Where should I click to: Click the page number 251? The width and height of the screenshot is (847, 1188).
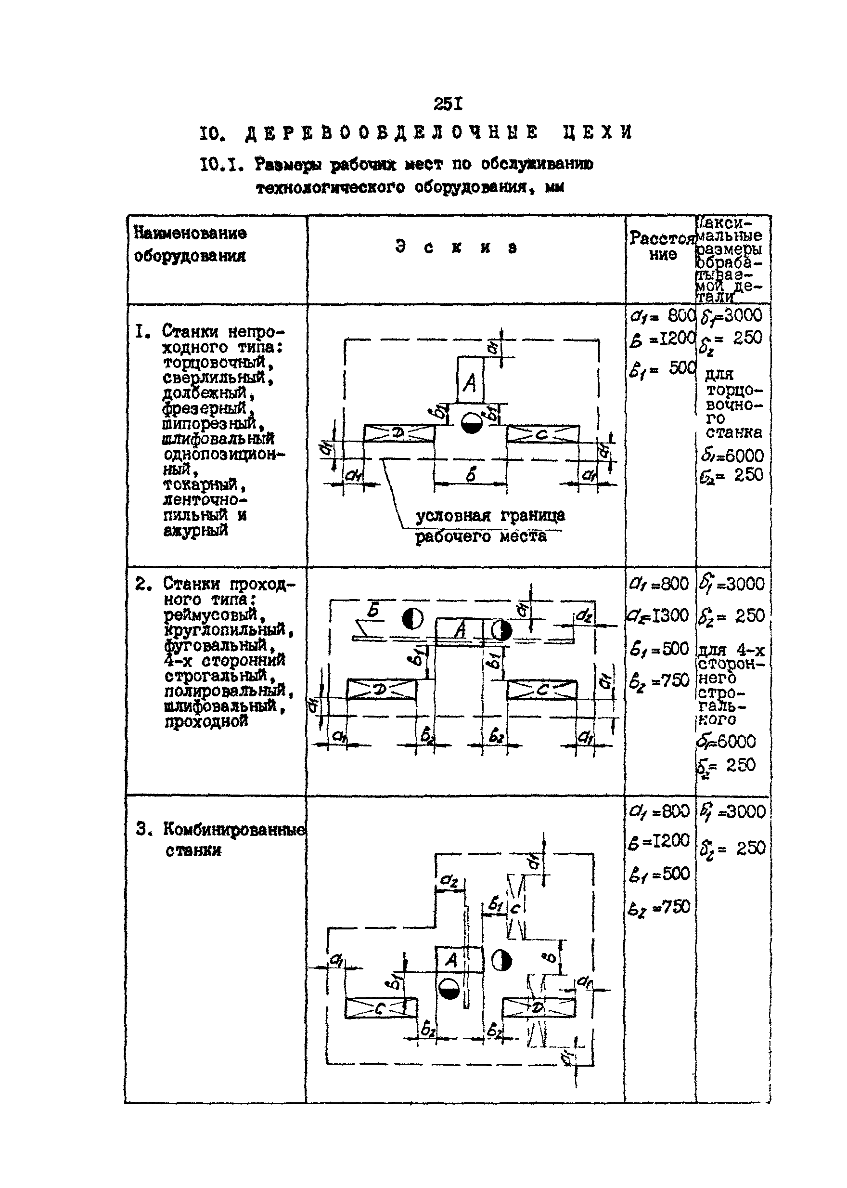(x=448, y=104)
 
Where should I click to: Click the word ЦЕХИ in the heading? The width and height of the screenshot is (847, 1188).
(x=597, y=132)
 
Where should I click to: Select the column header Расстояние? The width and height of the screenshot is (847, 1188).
(x=662, y=246)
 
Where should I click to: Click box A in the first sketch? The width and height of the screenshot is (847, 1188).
(x=470, y=380)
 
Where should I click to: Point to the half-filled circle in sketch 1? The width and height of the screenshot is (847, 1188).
(x=471, y=423)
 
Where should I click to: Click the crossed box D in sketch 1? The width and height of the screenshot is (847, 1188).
(x=399, y=433)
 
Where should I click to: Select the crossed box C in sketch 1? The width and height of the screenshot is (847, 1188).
(x=542, y=433)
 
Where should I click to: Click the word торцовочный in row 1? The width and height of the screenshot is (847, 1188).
(x=218, y=362)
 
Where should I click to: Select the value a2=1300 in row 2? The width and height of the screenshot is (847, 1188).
(x=659, y=615)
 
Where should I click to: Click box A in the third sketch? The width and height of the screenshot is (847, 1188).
(x=452, y=959)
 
